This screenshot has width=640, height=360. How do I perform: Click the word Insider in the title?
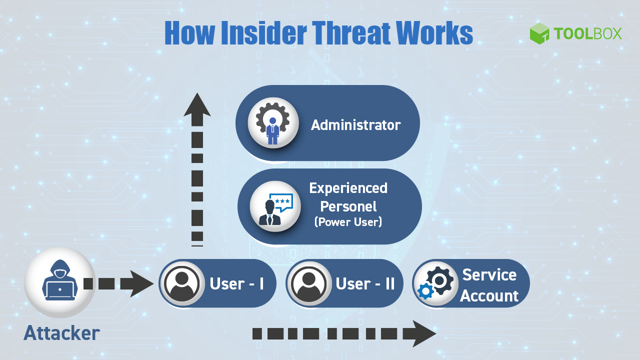point(256,33)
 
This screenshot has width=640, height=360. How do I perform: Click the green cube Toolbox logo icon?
point(539,33)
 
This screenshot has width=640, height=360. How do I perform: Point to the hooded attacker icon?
point(59,282)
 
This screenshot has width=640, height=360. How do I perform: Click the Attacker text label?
point(61,333)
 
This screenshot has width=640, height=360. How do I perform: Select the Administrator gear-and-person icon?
point(273,123)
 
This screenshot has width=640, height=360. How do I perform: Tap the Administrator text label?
point(355,125)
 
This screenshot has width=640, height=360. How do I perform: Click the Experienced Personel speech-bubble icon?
point(275,206)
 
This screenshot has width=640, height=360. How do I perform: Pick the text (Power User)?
point(348,222)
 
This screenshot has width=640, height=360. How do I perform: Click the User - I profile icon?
point(182,283)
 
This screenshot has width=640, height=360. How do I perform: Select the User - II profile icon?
point(309,283)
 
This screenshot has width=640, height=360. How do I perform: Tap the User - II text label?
point(365,284)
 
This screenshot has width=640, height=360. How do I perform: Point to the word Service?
point(489,274)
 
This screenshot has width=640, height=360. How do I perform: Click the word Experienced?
point(348,188)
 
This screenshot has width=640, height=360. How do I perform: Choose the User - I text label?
point(237,284)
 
